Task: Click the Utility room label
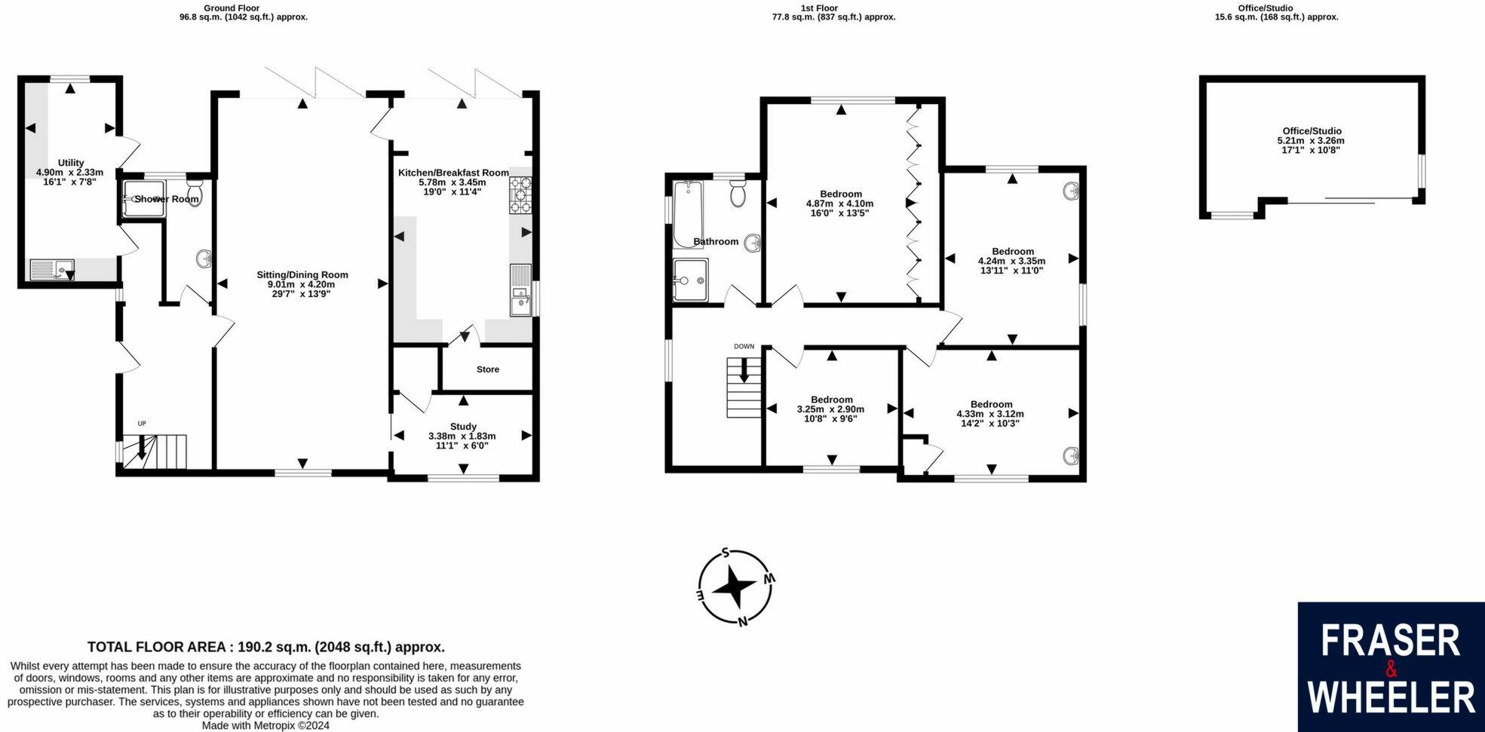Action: tap(71, 163)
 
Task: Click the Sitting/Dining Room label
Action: tap(302, 274)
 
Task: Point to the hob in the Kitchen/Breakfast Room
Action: tap(520, 194)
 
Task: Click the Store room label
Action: tap(488, 369)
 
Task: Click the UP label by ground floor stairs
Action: tap(141, 424)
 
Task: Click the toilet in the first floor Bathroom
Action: tap(738, 194)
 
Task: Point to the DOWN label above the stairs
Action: tap(744, 347)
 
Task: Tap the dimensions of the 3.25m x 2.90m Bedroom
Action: tap(830, 409)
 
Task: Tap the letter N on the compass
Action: tap(743, 621)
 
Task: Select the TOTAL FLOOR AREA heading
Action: tap(265, 647)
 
